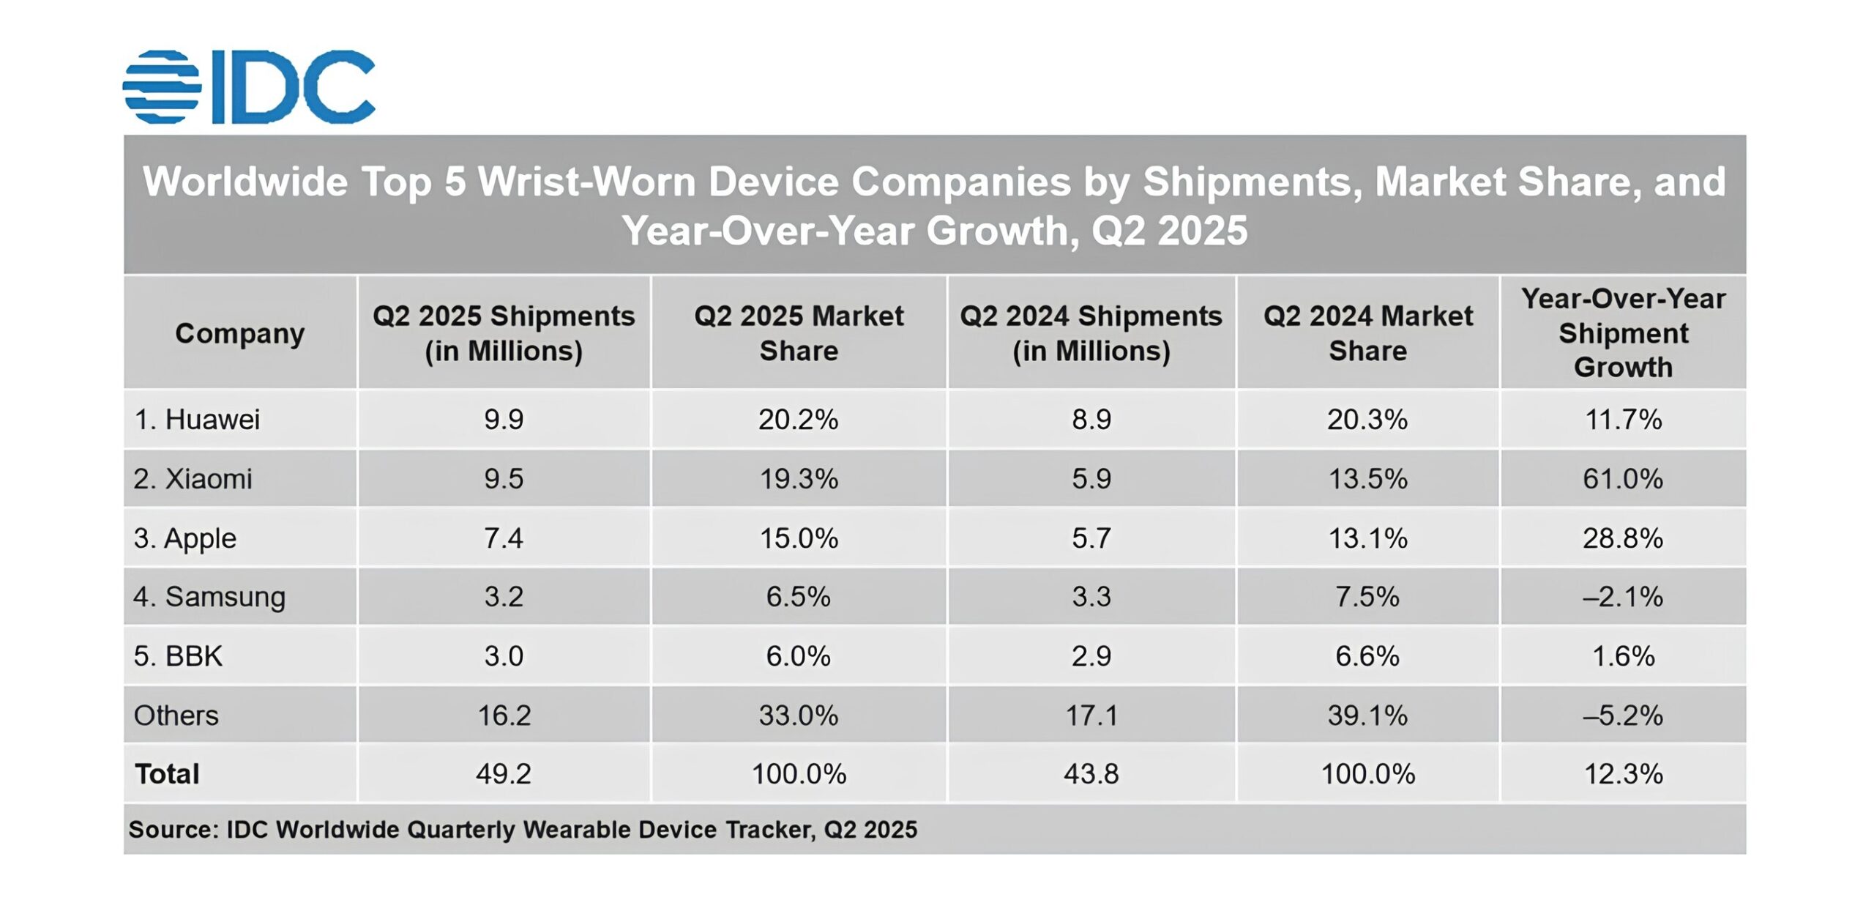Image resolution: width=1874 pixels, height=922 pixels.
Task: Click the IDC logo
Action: [x=249, y=86]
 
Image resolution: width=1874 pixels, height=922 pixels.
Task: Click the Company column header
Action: [x=239, y=333]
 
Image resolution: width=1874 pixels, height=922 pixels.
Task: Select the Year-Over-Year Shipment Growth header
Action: [x=1623, y=332]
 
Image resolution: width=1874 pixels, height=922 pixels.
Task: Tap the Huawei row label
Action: [x=197, y=420]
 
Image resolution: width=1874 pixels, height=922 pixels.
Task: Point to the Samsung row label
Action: [x=209, y=597]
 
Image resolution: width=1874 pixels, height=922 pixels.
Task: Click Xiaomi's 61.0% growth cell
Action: [x=1622, y=479]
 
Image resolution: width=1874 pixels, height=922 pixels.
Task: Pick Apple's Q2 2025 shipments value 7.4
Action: [x=503, y=538]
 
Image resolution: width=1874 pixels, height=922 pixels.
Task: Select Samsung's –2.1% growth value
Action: [x=1622, y=597]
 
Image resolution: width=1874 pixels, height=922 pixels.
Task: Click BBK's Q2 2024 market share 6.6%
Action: [x=1367, y=656]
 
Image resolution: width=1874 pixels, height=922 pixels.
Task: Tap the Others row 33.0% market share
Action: [x=798, y=715]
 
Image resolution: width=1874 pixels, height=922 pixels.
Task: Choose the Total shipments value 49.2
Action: [x=503, y=774]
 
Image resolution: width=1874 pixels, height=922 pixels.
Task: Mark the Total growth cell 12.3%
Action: [x=1623, y=774]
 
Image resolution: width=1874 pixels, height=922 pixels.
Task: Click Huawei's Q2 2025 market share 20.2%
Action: [x=798, y=420]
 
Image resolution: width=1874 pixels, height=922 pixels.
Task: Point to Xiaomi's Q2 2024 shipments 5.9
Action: [x=1091, y=479]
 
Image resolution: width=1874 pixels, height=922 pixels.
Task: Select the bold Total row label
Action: [x=167, y=774]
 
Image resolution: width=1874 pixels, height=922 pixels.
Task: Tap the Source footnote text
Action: [x=523, y=830]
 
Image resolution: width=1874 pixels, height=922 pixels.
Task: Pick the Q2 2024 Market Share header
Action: [x=1367, y=333]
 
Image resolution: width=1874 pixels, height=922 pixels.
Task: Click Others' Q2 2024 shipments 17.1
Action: [x=1091, y=715]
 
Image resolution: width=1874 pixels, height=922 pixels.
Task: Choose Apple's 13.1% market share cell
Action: [x=1367, y=538]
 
